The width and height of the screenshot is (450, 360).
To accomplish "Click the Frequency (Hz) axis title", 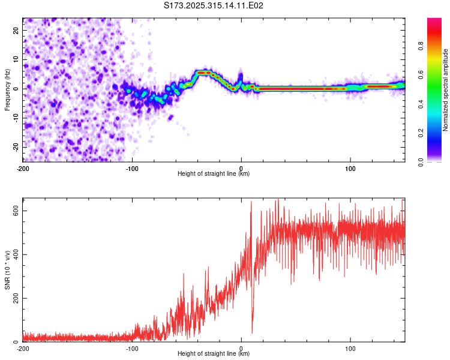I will coord(7,90).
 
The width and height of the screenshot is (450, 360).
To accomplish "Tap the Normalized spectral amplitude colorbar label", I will coord(446,90).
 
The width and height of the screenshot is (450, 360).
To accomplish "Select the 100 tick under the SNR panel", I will coord(350,349).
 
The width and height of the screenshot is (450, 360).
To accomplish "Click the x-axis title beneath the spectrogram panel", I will coord(214,174).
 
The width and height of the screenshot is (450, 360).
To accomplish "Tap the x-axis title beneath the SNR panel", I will coord(214,355).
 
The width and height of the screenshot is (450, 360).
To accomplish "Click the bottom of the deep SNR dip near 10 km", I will coord(252,332).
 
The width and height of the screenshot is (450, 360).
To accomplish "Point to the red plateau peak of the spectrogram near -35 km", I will coord(204,73).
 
